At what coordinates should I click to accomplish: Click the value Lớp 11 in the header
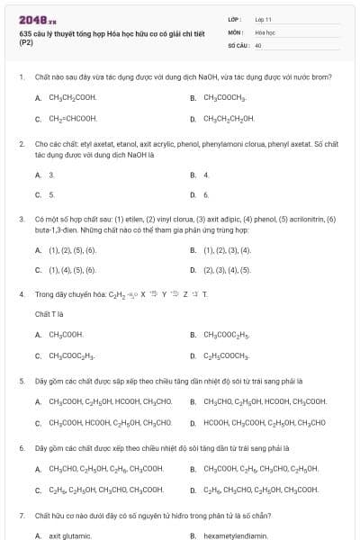[263, 18]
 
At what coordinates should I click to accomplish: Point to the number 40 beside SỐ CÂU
[258, 43]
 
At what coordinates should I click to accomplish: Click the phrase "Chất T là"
[49, 313]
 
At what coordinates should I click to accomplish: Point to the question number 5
[21, 381]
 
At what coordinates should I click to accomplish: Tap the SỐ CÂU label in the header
[238, 43]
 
